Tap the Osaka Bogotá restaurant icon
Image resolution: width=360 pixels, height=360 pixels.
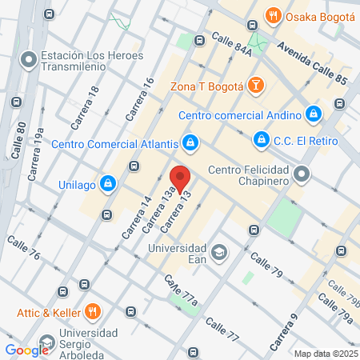[x=274, y=16]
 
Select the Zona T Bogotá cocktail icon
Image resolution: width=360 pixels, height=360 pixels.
[x=254, y=84]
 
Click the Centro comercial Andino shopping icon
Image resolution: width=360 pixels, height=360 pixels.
[x=314, y=114]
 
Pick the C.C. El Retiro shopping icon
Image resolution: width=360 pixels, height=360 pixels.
[x=260, y=140]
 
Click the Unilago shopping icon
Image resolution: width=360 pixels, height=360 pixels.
[x=107, y=183]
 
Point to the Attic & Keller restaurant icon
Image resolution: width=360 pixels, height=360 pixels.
[x=92, y=311]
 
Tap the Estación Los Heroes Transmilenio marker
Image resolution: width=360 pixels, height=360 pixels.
[x=29, y=59]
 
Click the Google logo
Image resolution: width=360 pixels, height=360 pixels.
[x=27, y=350]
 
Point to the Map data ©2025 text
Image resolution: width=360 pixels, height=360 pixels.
[x=325, y=354]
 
